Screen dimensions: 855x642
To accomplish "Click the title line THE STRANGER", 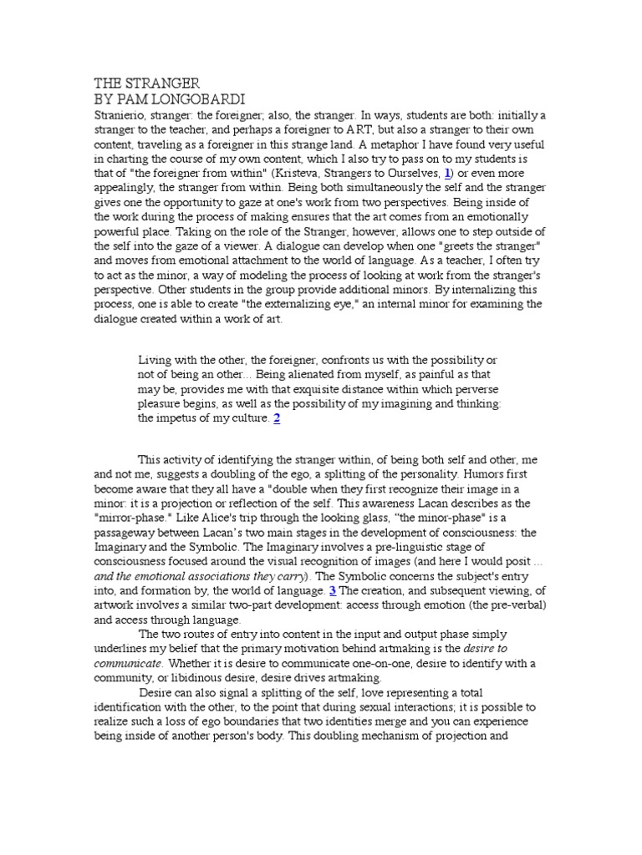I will pyautogui.click(x=146, y=83).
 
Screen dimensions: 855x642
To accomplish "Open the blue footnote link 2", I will pyautogui.click(x=277, y=418).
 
